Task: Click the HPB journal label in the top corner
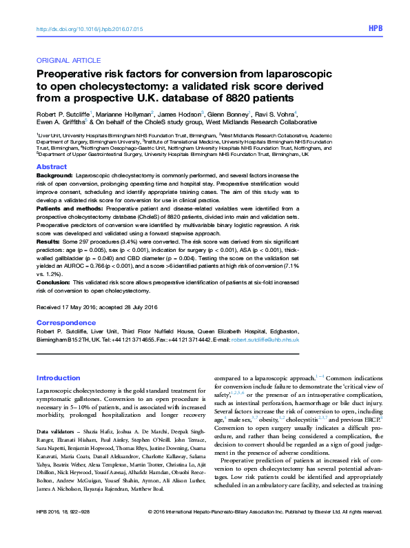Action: point(375,29)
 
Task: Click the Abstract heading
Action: point(51,168)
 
